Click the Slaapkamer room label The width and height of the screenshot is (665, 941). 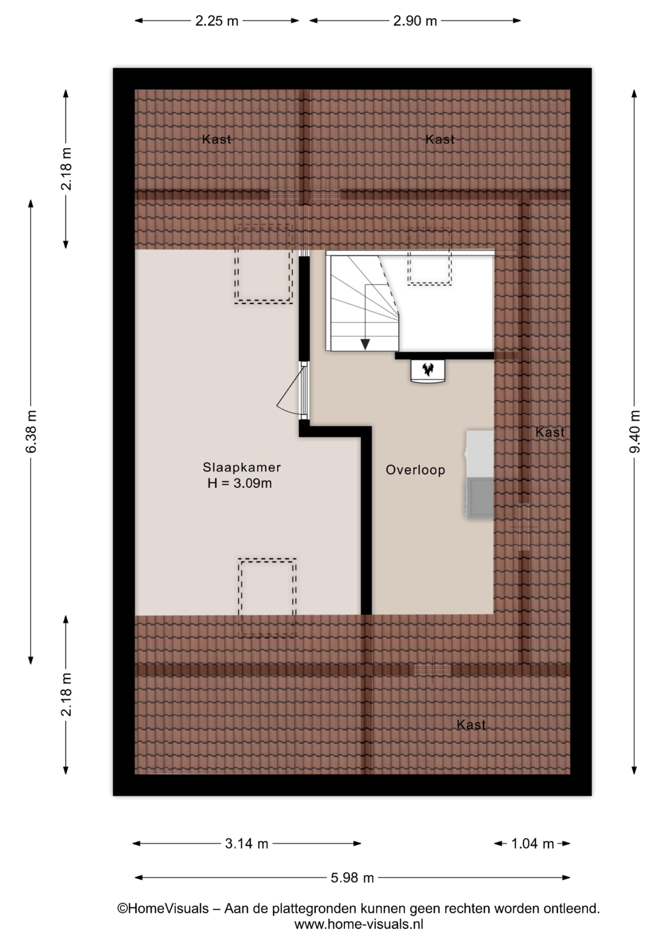click(241, 467)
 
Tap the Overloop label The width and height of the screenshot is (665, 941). click(415, 470)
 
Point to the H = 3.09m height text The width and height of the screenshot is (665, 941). click(239, 483)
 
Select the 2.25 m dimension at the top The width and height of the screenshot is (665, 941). click(217, 21)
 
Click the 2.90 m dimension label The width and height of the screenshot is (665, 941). click(415, 21)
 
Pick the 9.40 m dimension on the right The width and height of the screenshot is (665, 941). click(635, 432)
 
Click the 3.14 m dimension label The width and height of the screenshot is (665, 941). click(246, 843)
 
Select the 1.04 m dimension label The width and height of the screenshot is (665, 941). click(532, 843)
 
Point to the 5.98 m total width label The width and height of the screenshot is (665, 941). click(352, 877)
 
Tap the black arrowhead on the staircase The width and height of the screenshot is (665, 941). click(365, 344)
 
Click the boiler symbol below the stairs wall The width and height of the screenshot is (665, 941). click(427, 371)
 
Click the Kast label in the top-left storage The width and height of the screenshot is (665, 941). click(216, 139)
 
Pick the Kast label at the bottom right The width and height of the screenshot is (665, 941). click(471, 724)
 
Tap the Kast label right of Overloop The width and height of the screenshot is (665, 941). click(549, 432)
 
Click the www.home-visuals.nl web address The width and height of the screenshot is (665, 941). click(358, 924)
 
